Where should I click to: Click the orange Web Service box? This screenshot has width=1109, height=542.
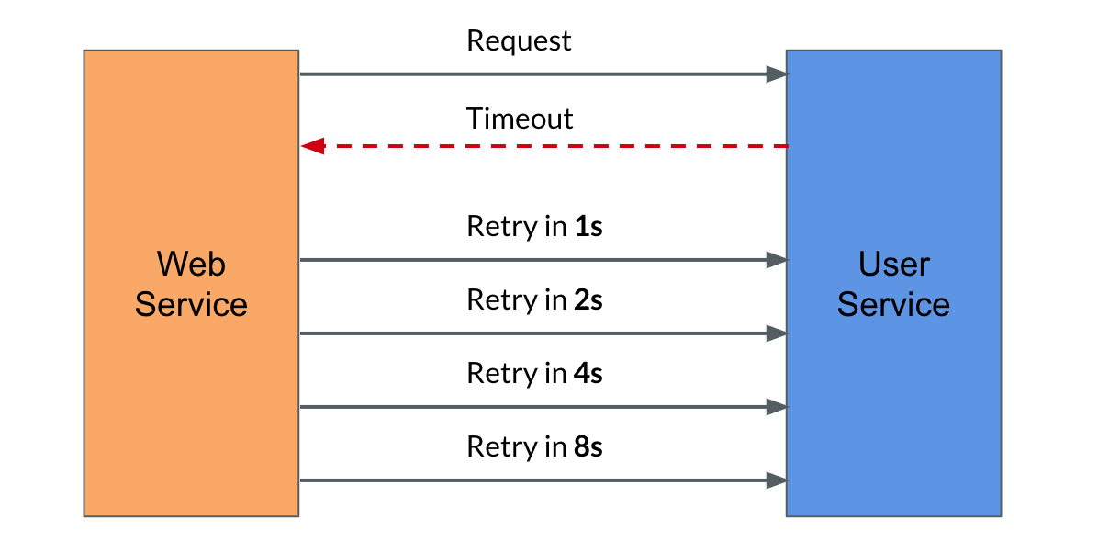pyautogui.click(x=191, y=283)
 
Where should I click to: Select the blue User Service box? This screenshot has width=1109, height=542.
pyautogui.click(x=893, y=283)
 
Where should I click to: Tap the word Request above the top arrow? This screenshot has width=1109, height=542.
pyautogui.click(x=519, y=40)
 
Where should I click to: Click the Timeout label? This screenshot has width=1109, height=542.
pyautogui.click(x=520, y=119)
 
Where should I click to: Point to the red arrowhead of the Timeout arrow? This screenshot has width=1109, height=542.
pyautogui.click(x=313, y=146)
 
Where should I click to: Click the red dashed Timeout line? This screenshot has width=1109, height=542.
pyautogui.click(x=544, y=146)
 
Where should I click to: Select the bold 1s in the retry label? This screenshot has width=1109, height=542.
pyautogui.click(x=588, y=226)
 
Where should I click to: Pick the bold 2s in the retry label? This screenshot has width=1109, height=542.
pyautogui.click(x=588, y=299)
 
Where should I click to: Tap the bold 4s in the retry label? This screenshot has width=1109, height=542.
pyautogui.click(x=588, y=373)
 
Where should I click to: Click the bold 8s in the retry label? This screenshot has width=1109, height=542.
pyautogui.click(x=588, y=446)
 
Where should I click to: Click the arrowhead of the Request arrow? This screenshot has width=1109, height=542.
pyautogui.click(x=778, y=74)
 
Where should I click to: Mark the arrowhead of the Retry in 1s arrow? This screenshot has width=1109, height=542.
pyautogui.click(x=778, y=260)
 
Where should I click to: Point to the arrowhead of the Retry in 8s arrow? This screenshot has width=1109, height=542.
pyautogui.click(x=778, y=480)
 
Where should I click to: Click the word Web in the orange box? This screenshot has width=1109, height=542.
pyautogui.click(x=191, y=264)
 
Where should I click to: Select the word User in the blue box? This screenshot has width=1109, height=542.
pyautogui.click(x=893, y=264)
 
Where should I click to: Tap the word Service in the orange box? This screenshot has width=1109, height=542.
pyautogui.click(x=191, y=304)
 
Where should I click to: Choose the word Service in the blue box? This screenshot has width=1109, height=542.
pyautogui.click(x=893, y=304)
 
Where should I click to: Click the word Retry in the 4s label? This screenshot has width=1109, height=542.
pyautogui.click(x=502, y=374)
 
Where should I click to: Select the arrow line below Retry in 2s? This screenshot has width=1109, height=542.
pyautogui.click(x=544, y=333)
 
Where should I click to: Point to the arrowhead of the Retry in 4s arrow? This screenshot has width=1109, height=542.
pyautogui.click(x=778, y=407)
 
